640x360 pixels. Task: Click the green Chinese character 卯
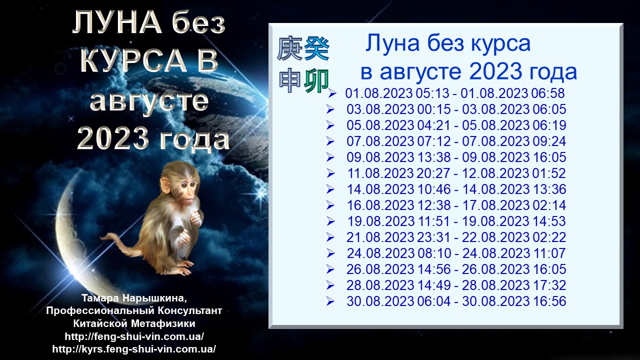pos(316,81)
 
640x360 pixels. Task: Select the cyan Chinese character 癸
pos(316,49)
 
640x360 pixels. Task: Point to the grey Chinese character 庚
pos(289,49)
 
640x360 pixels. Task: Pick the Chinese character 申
pos(289,81)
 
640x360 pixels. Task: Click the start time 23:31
pos(434,237)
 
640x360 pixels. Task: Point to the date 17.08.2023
pos(495,205)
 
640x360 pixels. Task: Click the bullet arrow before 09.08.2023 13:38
pos(330,157)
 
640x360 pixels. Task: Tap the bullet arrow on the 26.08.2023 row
pos(330,269)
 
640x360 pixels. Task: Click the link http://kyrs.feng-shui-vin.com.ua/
pos(134,349)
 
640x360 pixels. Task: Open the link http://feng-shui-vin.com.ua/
pos(134,336)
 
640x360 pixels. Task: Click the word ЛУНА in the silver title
pos(116,22)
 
